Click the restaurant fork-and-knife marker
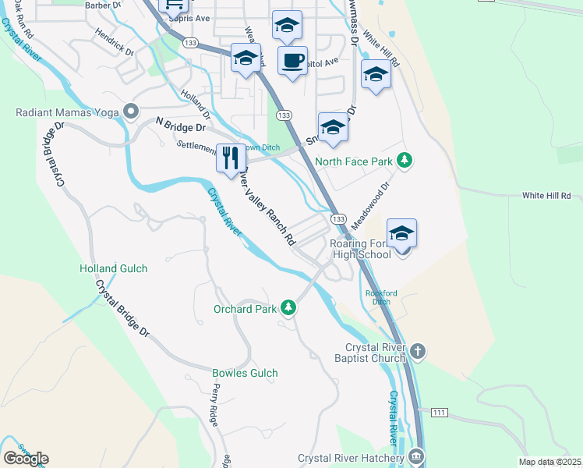pyautogui.click(x=230, y=158)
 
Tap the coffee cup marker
pyautogui.click(x=292, y=61)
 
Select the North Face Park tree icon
pyautogui.click(x=404, y=161)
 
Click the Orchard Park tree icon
pyautogui.click(x=288, y=308)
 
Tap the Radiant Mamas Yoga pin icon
pyautogui.click(x=130, y=112)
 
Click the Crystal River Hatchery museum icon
pyautogui.click(x=416, y=456)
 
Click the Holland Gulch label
pyautogui.click(x=113, y=268)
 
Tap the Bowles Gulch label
pyautogui.click(x=245, y=373)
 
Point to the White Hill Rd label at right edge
pyautogui.click(x=546, y=196)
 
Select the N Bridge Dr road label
pyautogui.click(x=180, y=125)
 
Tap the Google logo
pyautogui.click(x=26, y=459)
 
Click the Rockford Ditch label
pyautogui.click(x=382, y=297)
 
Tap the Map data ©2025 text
pyautogui.click(x=549, y=462)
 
